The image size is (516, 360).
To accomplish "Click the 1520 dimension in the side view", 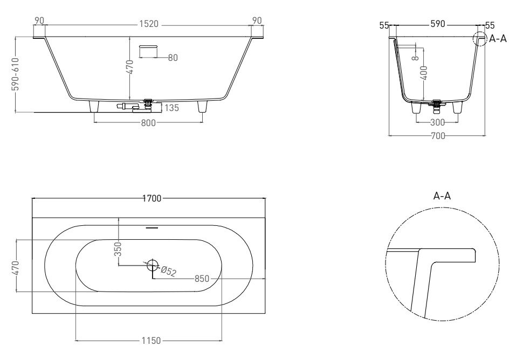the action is [x=149, y=24].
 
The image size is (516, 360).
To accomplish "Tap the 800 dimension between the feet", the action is [x=148, y=123].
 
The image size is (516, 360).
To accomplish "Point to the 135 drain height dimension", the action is [x=171, y=108].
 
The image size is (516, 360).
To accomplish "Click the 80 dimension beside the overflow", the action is [x=173, y=58].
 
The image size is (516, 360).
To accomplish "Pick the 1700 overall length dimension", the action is [x=152, y=198].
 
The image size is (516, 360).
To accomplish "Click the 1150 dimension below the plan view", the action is [x=152, y=341].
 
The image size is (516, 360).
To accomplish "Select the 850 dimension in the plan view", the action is [x=202, y=279].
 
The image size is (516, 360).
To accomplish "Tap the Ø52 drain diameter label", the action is [x=168, y=271].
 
